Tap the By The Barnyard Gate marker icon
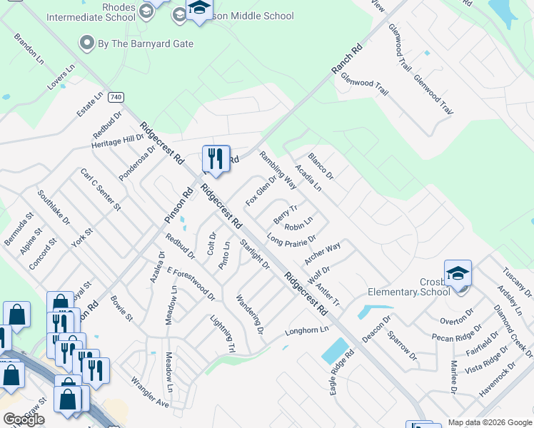(87, 44)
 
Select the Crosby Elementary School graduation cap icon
(457, 274)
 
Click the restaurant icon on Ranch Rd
(216, 158)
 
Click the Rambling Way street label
(278, 169)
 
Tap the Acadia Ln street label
(308, 178)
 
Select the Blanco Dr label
(321, 165)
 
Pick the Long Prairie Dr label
(291, 239)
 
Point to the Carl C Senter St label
(101, 190)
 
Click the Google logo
(24, 419)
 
